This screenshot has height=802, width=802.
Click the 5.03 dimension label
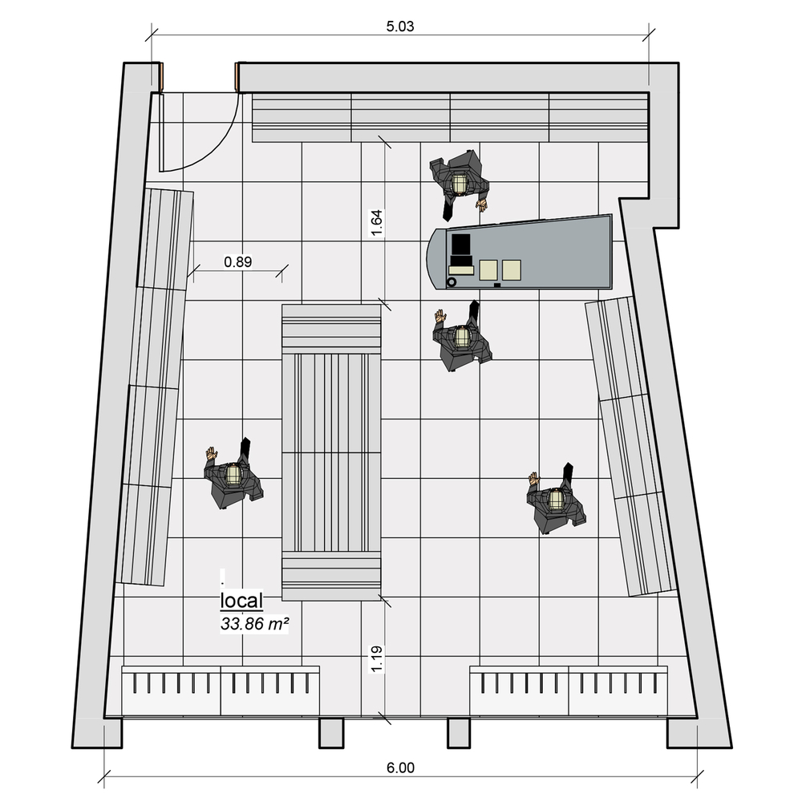[400, 26]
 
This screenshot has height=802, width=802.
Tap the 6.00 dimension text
[400, 768]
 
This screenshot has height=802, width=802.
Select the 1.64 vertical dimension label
[376, 223]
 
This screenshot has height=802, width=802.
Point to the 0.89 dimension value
[238, 262]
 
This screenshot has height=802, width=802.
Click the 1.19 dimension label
[376, 658]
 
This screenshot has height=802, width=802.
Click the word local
[241, 601]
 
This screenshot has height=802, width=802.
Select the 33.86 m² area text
[254, 624]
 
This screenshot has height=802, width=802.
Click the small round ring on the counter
[452, 282]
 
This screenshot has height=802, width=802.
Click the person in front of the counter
[462, 335]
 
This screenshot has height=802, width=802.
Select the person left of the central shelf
[233, 474]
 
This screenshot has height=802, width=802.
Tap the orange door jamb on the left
[160, 77]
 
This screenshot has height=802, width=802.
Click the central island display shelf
[331, 452]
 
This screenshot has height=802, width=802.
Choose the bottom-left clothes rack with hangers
[221, 691]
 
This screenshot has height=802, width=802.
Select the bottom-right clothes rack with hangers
[569, 691]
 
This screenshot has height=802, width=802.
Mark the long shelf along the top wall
[451, 117]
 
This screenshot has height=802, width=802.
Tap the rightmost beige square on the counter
[512, 270]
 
